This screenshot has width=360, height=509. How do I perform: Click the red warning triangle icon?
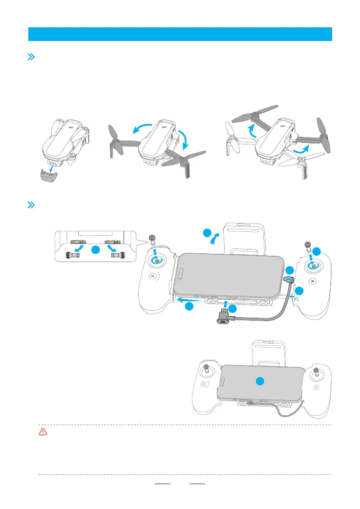coord(43,432)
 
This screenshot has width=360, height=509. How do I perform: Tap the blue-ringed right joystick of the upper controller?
coord(311,265)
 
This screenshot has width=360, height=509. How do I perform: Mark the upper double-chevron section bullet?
coord(31,57)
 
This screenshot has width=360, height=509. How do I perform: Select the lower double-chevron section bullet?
coord(31,204)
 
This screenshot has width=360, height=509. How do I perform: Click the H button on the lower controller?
coord(317,387)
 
